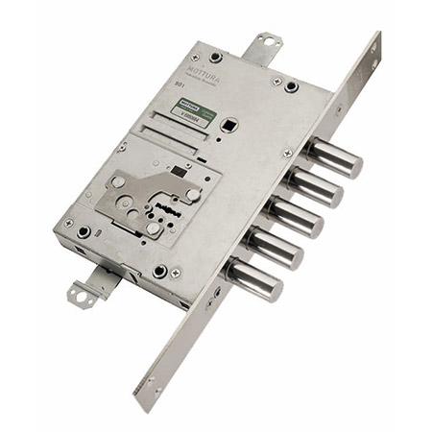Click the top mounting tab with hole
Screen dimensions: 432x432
point(265,44)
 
